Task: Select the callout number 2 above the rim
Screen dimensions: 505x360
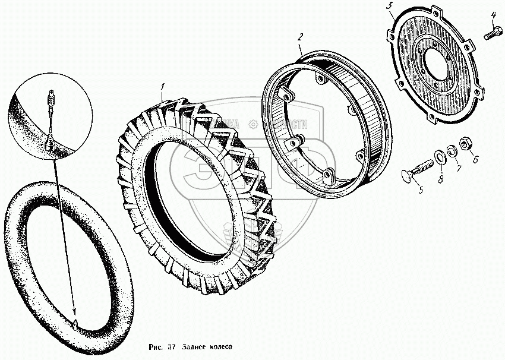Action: tap(301, 37)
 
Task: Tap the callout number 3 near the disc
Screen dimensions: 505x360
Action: tap(389, 7)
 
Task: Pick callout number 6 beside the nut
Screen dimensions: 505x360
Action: tap(475, 159)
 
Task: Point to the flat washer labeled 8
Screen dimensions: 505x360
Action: tap(440, 156)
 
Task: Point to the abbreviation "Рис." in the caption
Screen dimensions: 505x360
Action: tap(153, 347)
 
